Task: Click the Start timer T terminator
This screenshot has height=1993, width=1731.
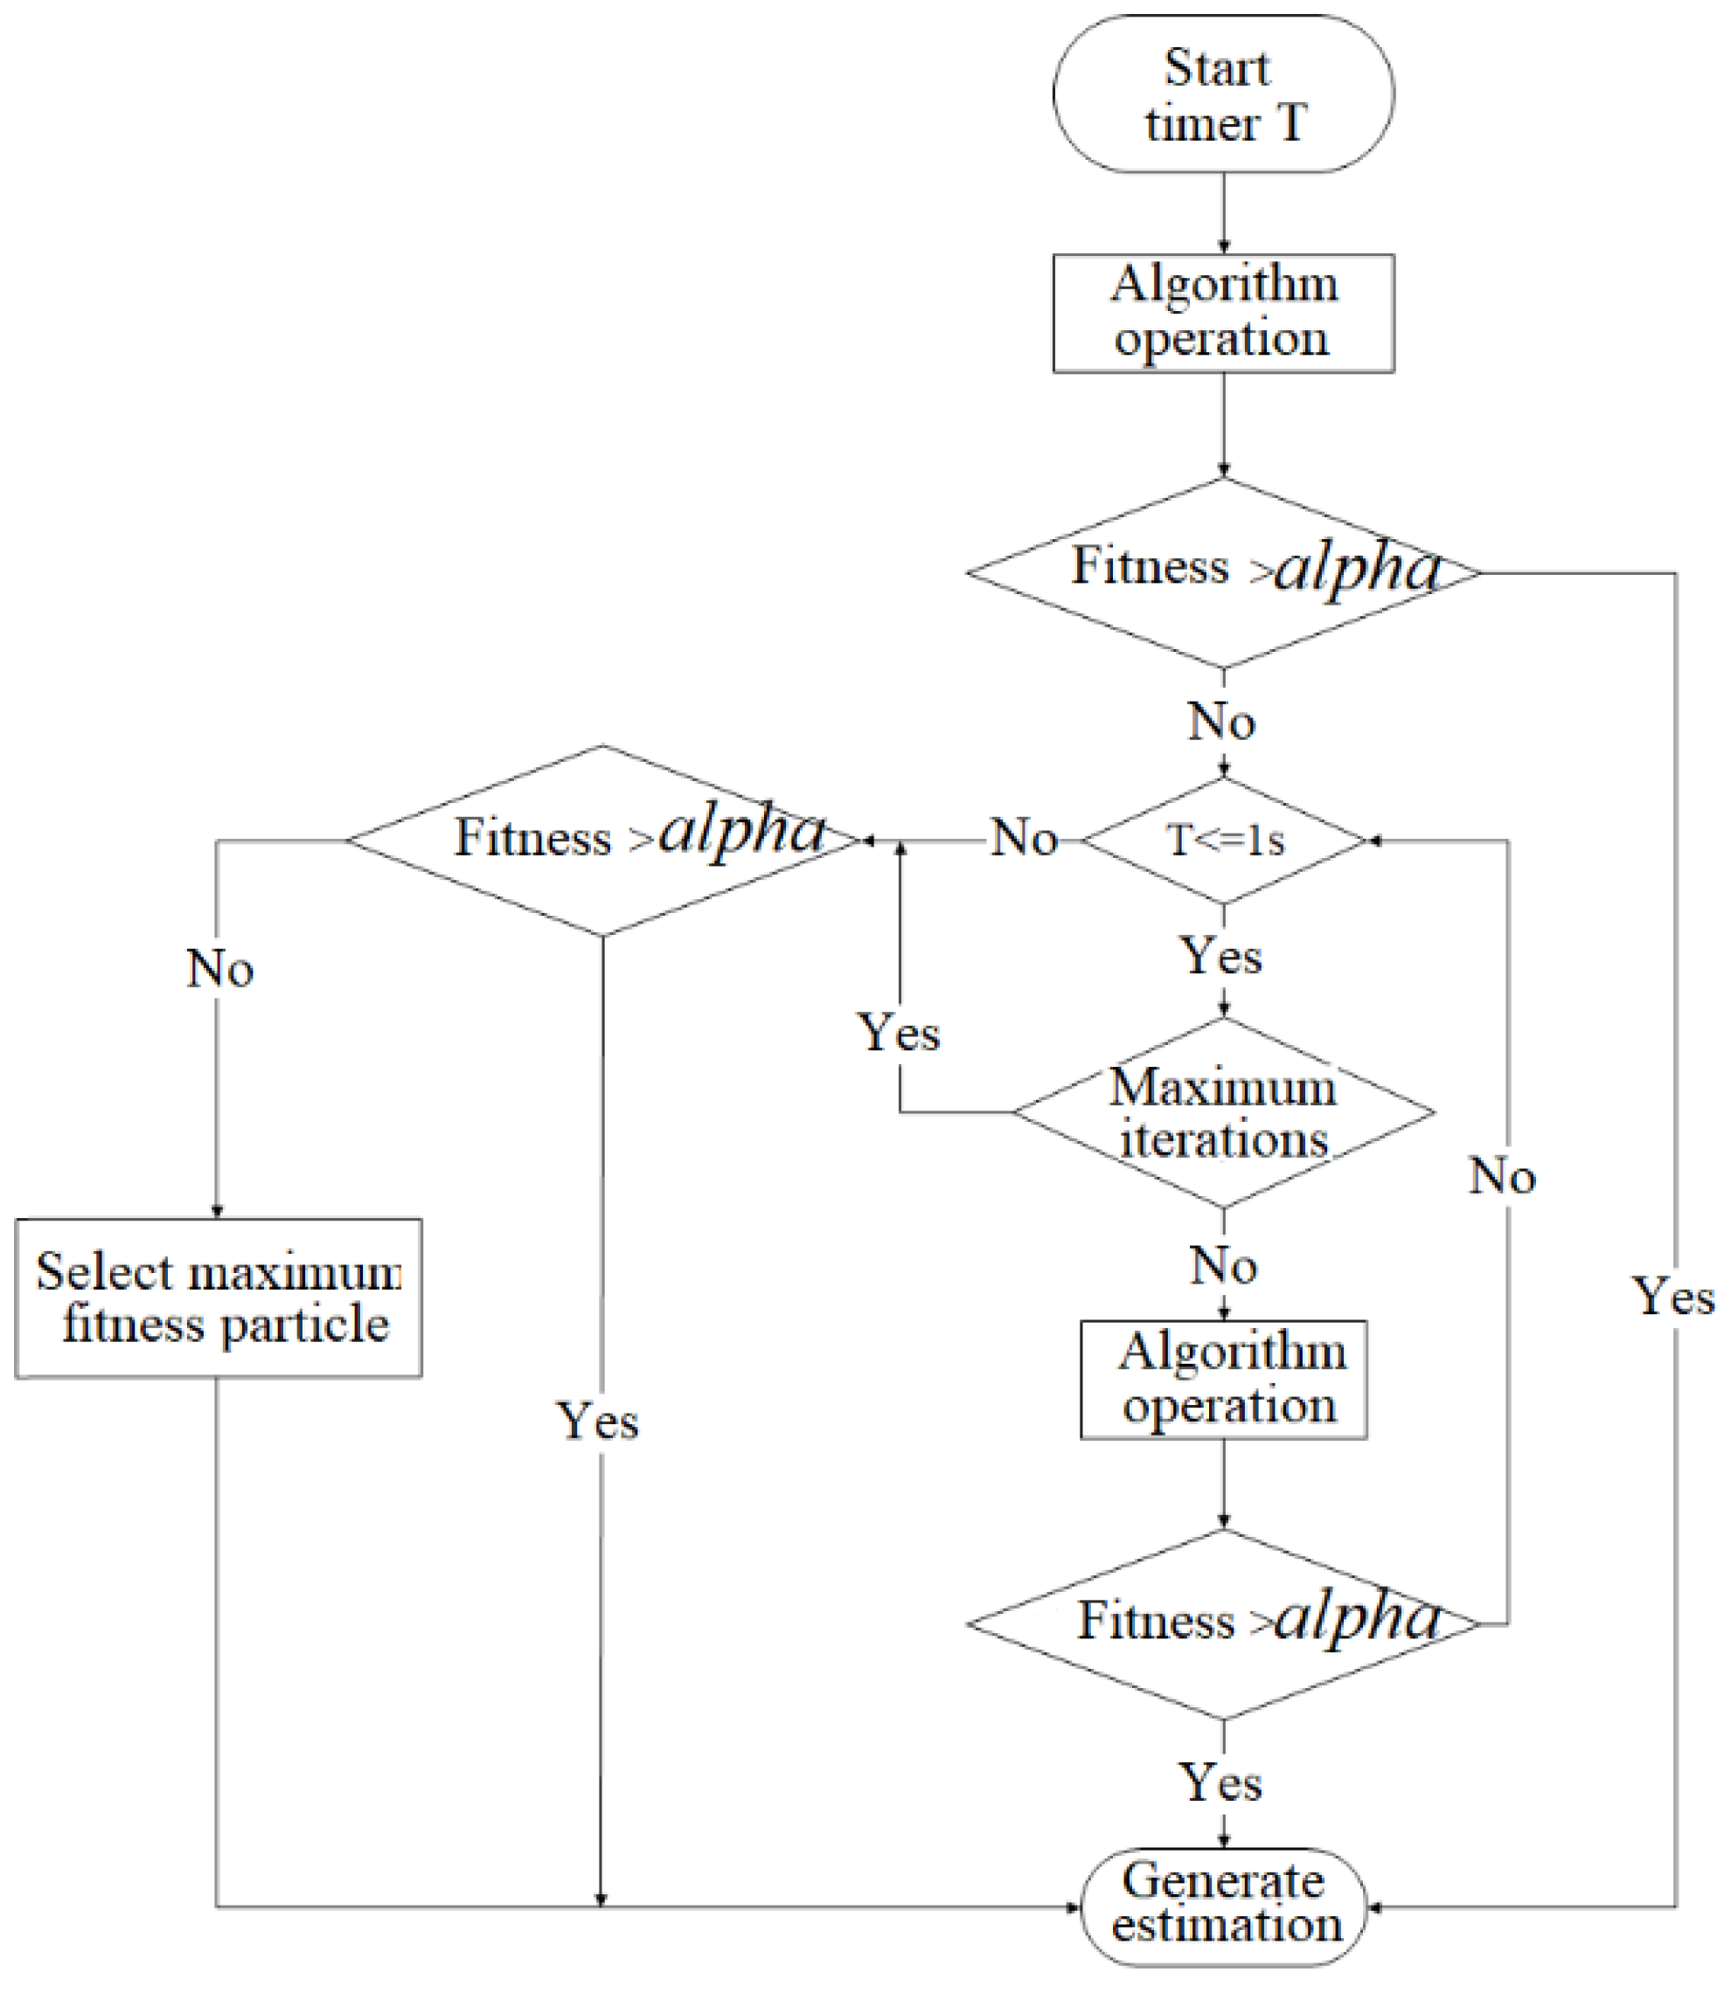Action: click(x=1223, y=93)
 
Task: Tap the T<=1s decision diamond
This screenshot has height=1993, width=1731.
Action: click(x=1224, y=840)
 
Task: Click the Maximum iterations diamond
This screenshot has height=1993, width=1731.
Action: click(x=1223, y=1112)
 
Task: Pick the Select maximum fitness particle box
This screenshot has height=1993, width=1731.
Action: click(x=219, y=1297)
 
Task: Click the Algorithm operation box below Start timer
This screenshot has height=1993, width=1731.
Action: click(x=1223, y=313)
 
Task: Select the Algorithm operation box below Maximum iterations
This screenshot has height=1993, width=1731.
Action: click(x=1223, y=1380)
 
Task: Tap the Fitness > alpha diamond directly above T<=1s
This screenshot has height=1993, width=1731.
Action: click(x=1223, y=572)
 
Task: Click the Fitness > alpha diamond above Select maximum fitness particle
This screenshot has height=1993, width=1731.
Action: click(x=602, y=840)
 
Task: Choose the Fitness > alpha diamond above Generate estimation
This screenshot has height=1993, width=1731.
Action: click(x=1223, y=1624)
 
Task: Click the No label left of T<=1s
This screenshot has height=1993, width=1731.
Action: click(x=1024, y=838)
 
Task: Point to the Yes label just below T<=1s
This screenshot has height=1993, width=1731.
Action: click(x=1222, y=957)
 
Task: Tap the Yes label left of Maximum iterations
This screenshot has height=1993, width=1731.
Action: click(x=899, y=1033)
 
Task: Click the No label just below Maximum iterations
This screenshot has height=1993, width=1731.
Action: click(x=1223, y=1266)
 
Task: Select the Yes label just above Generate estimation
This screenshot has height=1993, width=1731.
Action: click(x=1221, y=1782)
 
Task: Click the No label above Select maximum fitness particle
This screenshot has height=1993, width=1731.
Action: click(x=219, y=968)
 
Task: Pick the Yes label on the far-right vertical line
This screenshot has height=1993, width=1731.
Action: click(x=1673, y=1297)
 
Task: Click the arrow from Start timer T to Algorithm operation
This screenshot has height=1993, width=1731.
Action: click(x=1224, y=213)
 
